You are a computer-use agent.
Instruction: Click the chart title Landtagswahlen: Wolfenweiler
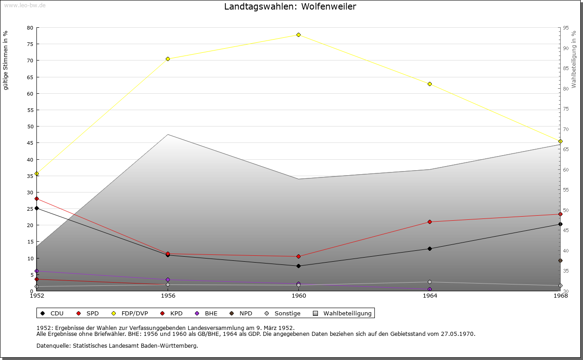[x=290, y=6]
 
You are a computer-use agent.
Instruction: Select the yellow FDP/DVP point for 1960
[x=298, y=35]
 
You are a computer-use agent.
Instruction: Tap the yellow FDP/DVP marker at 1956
[x=168, y=59]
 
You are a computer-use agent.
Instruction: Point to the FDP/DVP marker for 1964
[x=430, y=84]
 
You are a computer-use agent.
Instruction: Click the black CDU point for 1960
[x=298, y=266]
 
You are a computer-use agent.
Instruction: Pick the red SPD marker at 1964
[x=430, y=222]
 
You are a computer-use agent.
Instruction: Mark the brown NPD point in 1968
[x=560, y=261]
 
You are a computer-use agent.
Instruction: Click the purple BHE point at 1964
[x=430, y=289]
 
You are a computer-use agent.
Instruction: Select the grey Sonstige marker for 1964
[x=430, y=282]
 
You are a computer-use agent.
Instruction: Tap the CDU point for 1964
[x=430, y=248]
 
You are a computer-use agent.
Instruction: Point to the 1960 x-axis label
[x=298, y=296]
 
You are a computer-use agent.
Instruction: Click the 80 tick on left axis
[x=30, y=28]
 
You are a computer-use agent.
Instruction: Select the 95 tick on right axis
[x=565, y=28]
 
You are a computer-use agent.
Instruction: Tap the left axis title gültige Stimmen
[x=6, y=60]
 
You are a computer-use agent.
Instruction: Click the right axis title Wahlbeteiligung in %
[x=574, y=60]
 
